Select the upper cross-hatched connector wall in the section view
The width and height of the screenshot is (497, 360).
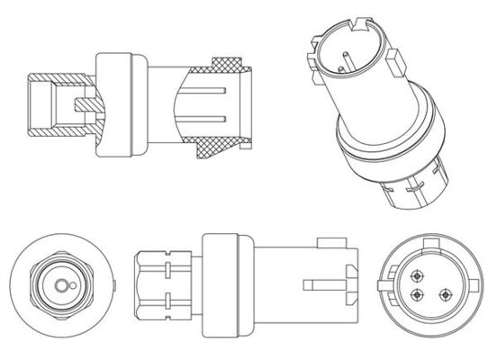232,66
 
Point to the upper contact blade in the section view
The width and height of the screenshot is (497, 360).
216,90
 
